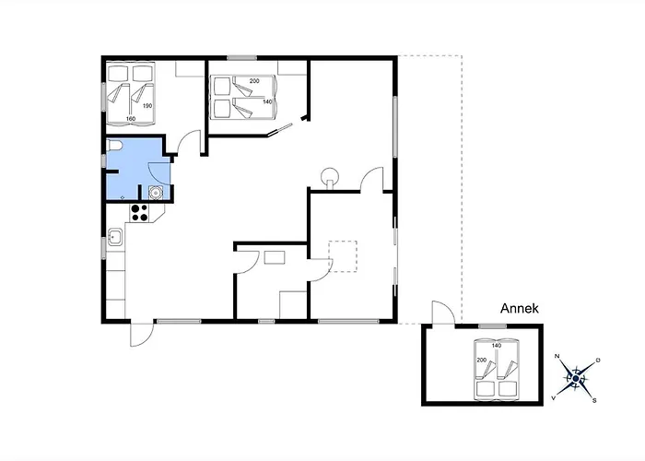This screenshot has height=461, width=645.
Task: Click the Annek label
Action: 519,308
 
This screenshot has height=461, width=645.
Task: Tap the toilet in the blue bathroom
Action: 112,146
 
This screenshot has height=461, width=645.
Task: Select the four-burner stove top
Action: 140,212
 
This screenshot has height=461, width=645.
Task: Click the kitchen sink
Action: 115,237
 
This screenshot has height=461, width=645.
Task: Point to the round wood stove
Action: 329,177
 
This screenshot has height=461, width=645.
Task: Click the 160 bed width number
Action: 131,119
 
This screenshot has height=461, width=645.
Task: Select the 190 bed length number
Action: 147,106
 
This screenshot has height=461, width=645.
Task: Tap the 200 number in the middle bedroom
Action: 254,81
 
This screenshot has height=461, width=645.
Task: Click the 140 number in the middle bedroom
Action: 267,101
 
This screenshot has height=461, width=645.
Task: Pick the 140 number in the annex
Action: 497,346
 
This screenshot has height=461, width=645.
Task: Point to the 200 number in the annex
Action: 482,361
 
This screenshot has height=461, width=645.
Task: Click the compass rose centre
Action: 576,378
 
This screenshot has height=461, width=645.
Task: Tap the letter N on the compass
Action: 557,356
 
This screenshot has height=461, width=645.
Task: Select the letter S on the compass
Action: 594,400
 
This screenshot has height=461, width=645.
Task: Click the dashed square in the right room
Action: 343,256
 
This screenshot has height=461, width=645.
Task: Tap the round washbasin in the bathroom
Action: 156,192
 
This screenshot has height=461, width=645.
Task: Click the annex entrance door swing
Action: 443,313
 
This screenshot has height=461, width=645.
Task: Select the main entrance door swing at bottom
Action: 142,334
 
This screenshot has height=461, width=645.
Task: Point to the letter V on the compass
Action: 554,398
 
